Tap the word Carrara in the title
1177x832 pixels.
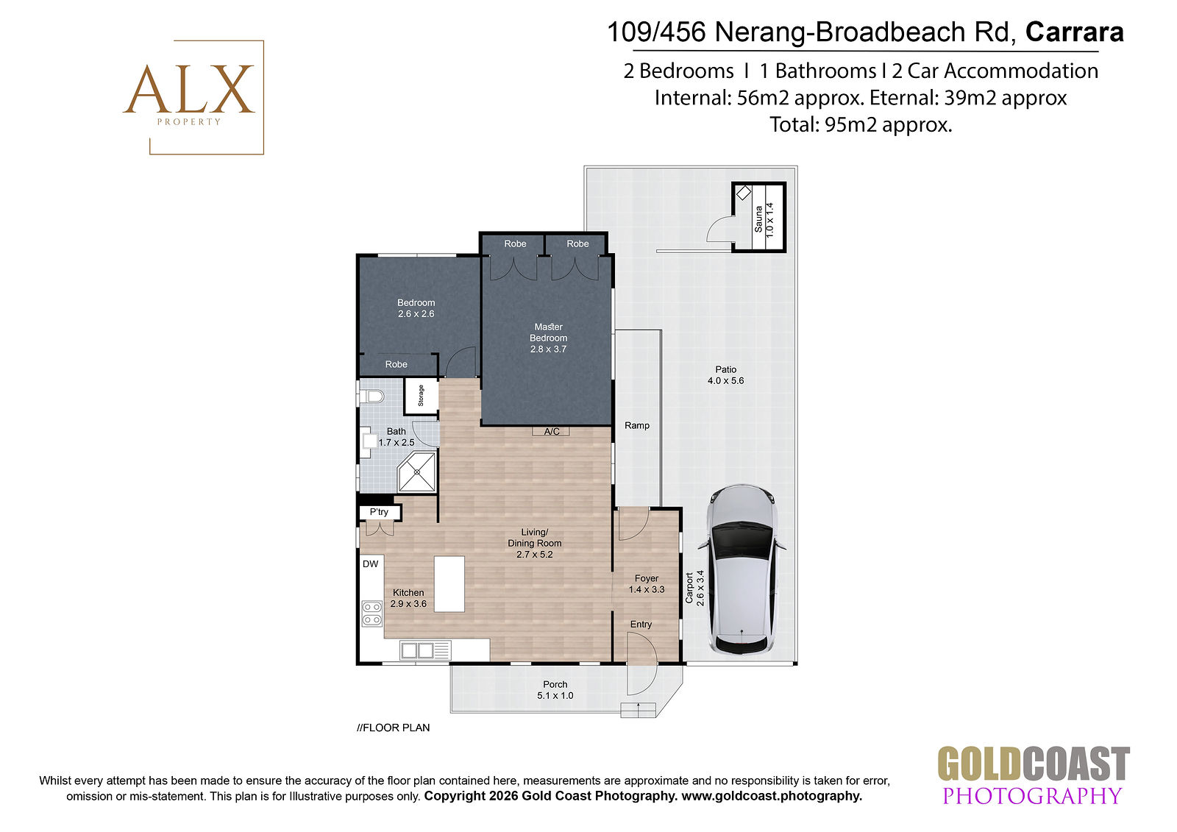[1075, 32]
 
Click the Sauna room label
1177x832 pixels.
[758, 219]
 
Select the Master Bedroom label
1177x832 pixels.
[548, 333]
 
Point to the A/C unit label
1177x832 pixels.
[551, 432]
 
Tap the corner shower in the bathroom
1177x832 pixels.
[417, 472]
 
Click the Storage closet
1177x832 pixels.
[421, 397]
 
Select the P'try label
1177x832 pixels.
[379, 512]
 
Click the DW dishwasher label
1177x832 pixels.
[371, 564]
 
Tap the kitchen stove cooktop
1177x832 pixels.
[372, 614]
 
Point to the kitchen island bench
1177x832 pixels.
[449, 584]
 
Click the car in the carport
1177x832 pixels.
[742, 569]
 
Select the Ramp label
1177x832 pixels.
[637, 425]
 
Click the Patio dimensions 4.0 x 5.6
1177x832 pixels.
[725, 380]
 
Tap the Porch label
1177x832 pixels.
[555, 684]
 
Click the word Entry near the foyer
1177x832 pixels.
[641, 624]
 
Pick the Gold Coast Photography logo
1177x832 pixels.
[1034, 775]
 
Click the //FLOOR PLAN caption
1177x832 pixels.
[393, 728]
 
